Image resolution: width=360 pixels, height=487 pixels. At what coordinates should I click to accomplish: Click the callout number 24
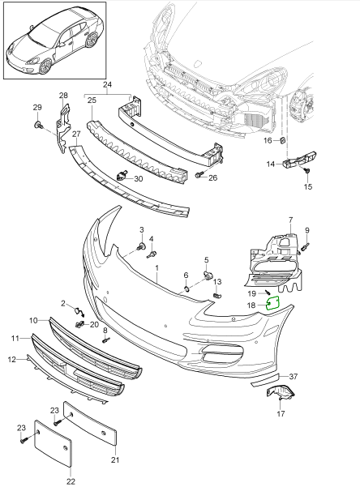[107, 83]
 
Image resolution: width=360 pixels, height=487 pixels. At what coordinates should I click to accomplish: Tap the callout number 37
[294, 376]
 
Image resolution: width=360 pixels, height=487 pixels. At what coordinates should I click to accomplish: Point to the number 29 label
[36, 108]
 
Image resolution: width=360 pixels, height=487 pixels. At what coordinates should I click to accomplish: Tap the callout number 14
[272, 164]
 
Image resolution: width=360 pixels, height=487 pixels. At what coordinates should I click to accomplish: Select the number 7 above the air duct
[289, 220]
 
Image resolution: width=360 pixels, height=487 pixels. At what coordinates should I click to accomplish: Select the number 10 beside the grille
[33, 320]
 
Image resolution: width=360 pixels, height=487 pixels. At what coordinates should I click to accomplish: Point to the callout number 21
[114, 460]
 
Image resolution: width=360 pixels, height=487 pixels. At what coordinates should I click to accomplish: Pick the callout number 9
[307, 229]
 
